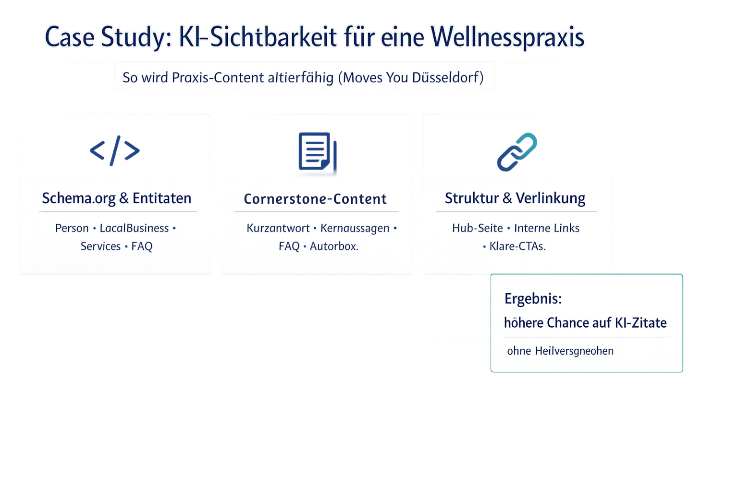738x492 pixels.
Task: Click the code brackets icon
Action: pyautogui.click(x=115, y=151)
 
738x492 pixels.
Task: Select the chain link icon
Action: pyautogui.click(x=517, y=152)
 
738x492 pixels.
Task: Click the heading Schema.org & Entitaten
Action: pyautogui.click(x=117, y=198)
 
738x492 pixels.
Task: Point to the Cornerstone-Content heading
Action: pyautogui.click(x=315, y=199)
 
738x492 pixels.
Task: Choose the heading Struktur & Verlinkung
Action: pyautogui.click(x=515, y=198)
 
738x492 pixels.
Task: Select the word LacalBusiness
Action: pyautogui.click(x=134, y=228)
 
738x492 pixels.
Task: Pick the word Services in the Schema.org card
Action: pyautogui.click(x=100, y=246)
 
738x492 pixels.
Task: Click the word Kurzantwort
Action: pyautogui.click(x=278, y=228)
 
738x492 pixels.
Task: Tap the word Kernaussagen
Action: pyautogui.click(x=355, y=228)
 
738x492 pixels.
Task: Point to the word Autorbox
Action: pyautogui.click(x=334, y=246)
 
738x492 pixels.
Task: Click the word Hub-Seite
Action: pyautogui.click(x=477, y=228)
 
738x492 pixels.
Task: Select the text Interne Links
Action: pyautogui.click(x=547, y=228)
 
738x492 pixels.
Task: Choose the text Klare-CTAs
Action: pyautogui.click(x=517, y=246)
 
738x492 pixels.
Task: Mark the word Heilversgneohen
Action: pyautogui.click(x=574, y=351)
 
